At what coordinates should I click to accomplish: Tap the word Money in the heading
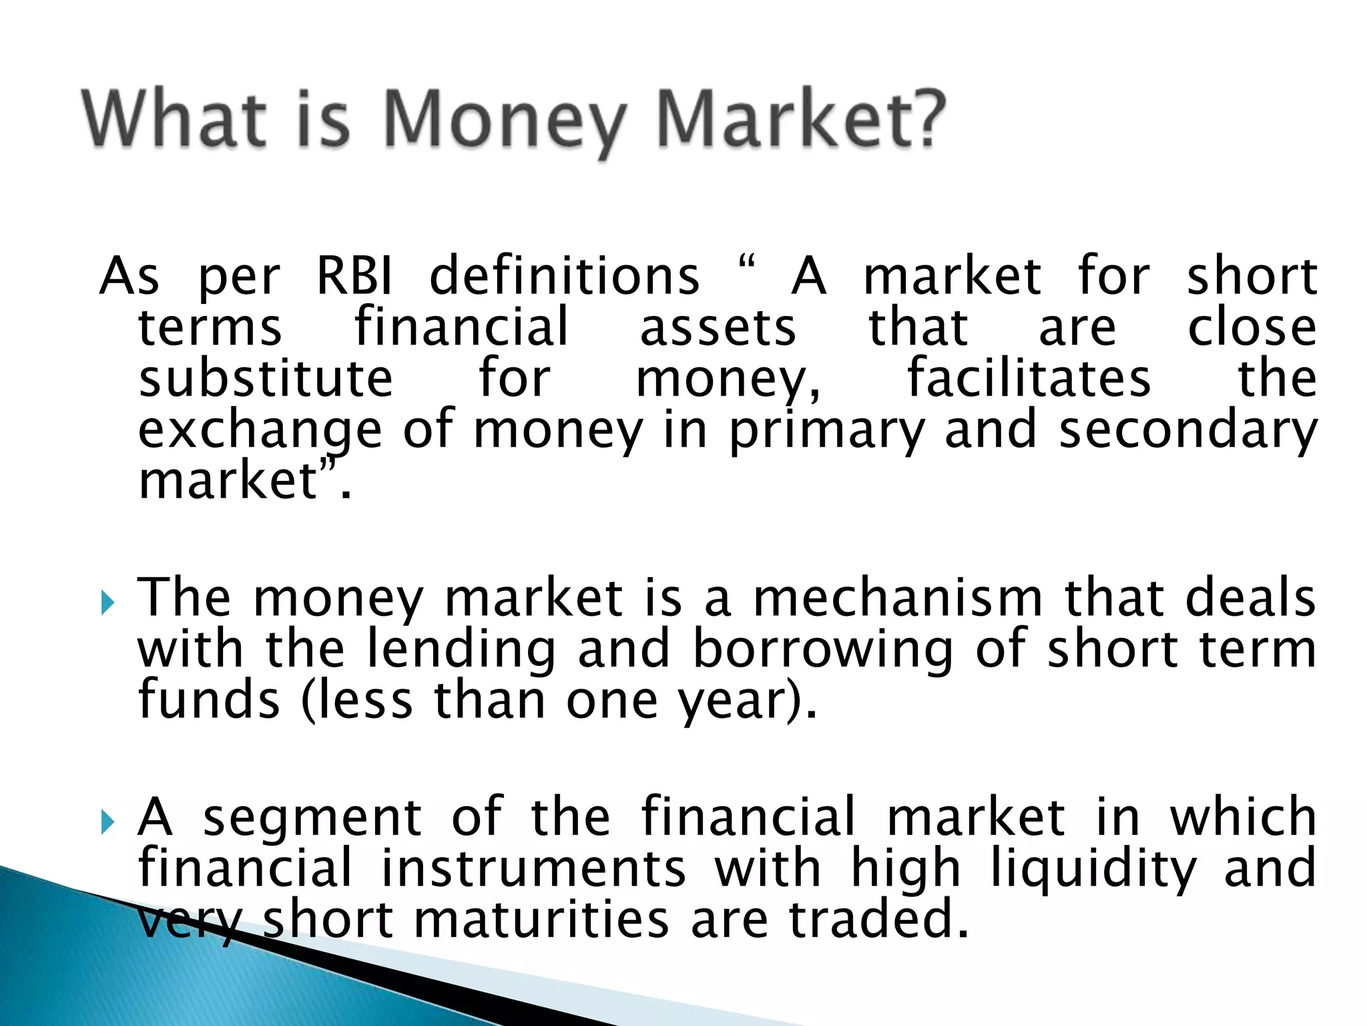tap(504, 124)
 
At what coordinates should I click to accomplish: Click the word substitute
tap(266, 379)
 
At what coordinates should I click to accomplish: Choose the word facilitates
tap(1029, 379)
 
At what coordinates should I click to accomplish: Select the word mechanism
tap(898, 598)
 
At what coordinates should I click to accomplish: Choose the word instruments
tap(533, 868)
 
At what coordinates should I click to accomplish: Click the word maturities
tap(541, 920)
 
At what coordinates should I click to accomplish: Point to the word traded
tap(878, 920)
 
